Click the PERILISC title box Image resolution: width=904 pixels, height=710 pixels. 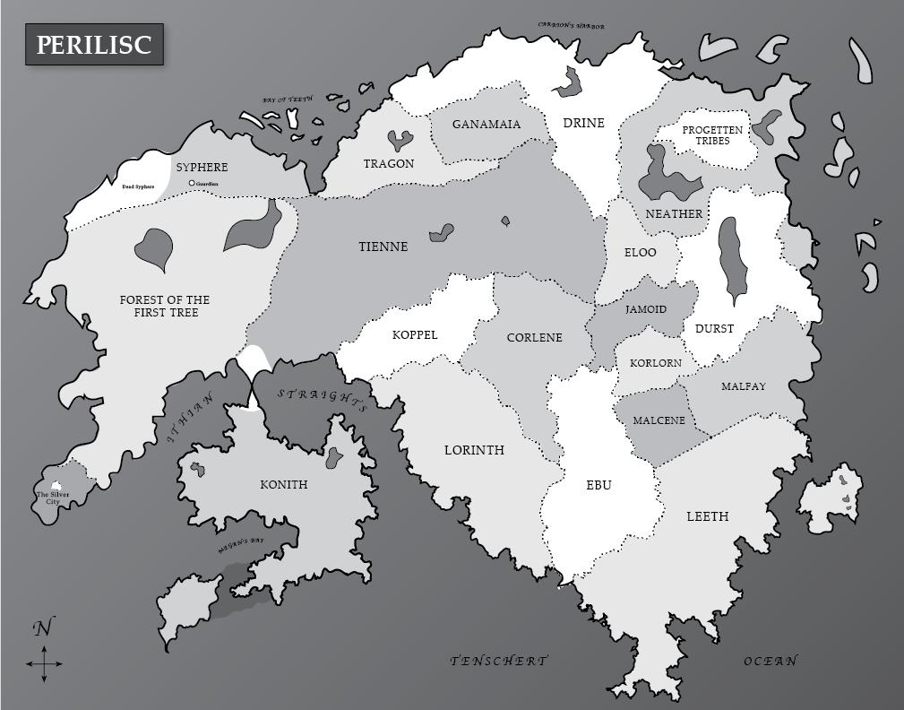pyautogui.click(x=94, y=45)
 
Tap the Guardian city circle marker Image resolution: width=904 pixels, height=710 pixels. pyautogui.click(x=192, y=184)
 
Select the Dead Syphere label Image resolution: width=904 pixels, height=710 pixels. pyautogui.click(x=138, y=186)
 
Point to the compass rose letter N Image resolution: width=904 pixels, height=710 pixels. pyautogui.click(x=42, y=628)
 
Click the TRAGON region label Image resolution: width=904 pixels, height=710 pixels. pyautogui.click(x=389, y=164)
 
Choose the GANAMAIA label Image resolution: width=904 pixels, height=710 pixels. pyautogui.click(x=486, y=125)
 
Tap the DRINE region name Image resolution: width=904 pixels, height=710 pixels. pyautogui.click(x=583, y=123)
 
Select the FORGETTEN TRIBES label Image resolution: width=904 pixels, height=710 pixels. pyautogui.click(x=711, y=135)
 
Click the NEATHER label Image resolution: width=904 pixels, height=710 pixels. pyautogui.click(x=674, y=214)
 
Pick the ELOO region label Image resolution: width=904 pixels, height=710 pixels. pyautogui.click(x=640, y=253)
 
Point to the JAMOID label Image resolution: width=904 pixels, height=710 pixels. pyautogui.click(x=645, y=309)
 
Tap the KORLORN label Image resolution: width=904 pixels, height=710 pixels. pyautogui.click(x=655, y=363)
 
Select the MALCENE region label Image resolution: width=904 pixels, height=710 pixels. pyautogui.click(x=659, y=420)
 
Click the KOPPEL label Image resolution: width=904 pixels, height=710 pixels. pyautogui.click(x=415, y=335)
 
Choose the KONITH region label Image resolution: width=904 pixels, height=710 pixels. pyautogui.click(x=283, y=485)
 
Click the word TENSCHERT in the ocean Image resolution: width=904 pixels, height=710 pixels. pyautogui.click(x=498, y=661)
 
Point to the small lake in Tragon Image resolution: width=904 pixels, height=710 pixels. pyautogui.click(x=400, y=140)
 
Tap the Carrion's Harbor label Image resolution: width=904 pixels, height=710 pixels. pyautogui.click(x=571, y=25)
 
